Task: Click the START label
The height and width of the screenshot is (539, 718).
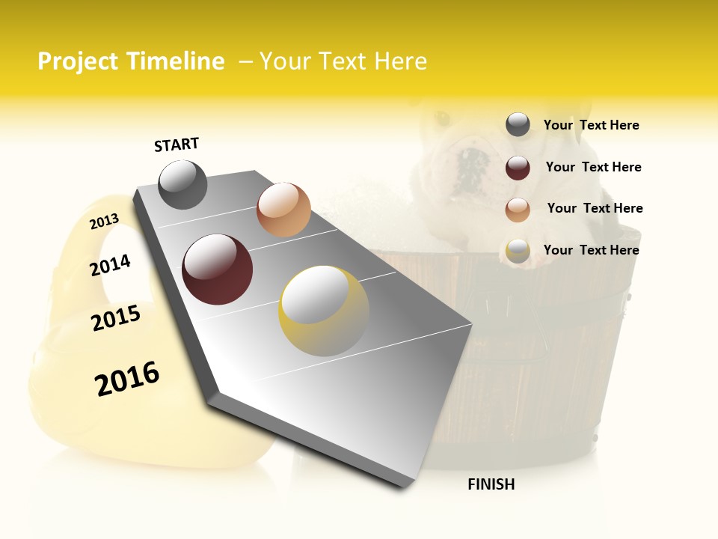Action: pos(177,144)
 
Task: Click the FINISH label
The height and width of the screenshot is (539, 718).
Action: pos(491,484)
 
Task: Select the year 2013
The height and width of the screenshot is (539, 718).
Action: pos(104,221)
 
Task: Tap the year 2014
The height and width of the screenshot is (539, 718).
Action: pos(110,265)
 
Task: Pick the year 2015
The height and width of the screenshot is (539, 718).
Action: pos(116,318)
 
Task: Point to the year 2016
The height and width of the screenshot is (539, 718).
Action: pos(127,379)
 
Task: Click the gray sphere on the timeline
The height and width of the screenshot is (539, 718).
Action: pos(182,184)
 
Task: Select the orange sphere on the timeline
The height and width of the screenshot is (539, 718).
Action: pos(283,210)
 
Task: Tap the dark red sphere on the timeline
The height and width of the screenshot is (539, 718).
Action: pos(218,269)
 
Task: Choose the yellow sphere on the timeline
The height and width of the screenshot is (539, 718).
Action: pos(324,311)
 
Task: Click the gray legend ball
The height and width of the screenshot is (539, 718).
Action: pos(518,125)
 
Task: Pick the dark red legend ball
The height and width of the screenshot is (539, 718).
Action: pos(518,168)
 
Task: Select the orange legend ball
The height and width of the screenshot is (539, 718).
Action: pos(518,210)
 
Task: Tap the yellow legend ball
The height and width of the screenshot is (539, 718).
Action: pos(518,251)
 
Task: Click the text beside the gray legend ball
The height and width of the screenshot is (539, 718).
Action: pos(591,126)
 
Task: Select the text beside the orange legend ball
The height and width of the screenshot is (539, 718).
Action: pos(595,208)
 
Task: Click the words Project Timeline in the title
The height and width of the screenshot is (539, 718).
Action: pos(131,61)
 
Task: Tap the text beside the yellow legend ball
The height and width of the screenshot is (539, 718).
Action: pos(591,250)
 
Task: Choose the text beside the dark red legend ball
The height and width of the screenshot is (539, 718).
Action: pos(593,167)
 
